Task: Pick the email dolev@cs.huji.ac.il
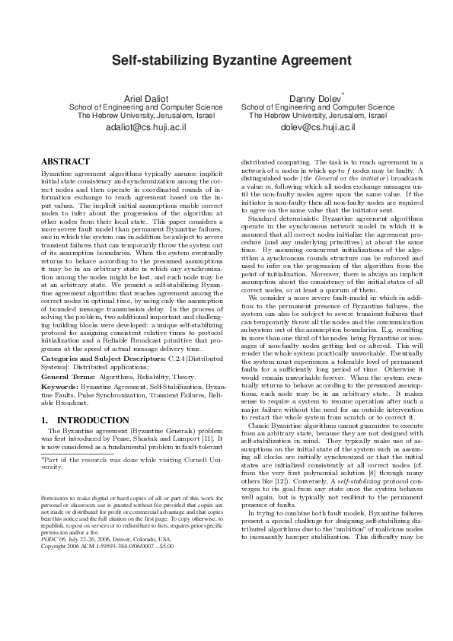pos(313,128)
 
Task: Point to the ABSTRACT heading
pos(65,162)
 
